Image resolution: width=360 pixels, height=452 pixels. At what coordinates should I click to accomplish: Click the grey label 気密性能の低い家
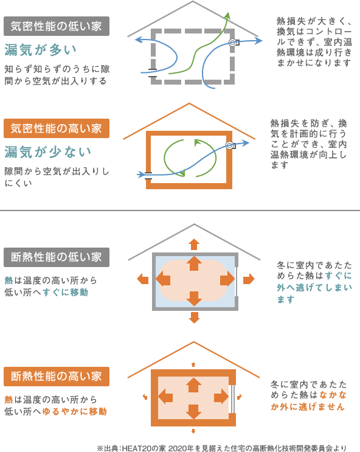click(x=57, y=26)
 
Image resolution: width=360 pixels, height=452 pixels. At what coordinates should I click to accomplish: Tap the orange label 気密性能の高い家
click(x=57, y=128)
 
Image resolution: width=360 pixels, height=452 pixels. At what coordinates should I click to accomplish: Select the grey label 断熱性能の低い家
click(x=57, y=257)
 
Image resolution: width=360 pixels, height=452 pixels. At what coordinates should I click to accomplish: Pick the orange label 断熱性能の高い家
click(x=57, y=376)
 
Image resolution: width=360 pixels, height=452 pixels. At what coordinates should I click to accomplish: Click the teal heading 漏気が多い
click(x=40, y=50)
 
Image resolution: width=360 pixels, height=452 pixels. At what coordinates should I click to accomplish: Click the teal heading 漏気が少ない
click(x=47, y=152)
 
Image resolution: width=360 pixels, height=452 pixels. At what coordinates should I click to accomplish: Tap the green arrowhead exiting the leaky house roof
click(x=227, y=16)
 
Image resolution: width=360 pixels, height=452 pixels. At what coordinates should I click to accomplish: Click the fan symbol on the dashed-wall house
click(x=234, y=43)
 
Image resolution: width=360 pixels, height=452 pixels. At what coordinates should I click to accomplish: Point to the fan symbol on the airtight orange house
click(x=230, y=145)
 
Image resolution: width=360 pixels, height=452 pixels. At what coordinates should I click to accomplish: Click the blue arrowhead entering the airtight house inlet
click(x=141, y=175)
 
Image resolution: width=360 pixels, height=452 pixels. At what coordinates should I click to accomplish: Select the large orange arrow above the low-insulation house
click(x=194, y=244)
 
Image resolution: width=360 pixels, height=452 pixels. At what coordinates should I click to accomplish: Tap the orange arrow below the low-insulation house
click(x=194, y=318)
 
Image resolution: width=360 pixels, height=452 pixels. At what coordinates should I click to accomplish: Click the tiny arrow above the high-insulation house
click(x=193, y=364)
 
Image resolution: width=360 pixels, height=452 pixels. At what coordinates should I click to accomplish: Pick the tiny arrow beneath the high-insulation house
click(x=193, y=431)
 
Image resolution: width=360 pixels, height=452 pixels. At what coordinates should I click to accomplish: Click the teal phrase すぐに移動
click(x=66, y=292)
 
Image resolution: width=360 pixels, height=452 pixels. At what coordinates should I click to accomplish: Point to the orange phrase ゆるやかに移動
click(x=75, y=411)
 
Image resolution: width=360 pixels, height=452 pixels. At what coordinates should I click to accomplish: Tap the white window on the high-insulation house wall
click(x=233, y=398)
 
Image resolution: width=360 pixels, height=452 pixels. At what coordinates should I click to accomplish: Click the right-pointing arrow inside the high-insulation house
click(x=221, y=396)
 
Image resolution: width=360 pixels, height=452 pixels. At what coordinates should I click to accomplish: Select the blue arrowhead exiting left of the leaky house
click(x=139, y=40)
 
